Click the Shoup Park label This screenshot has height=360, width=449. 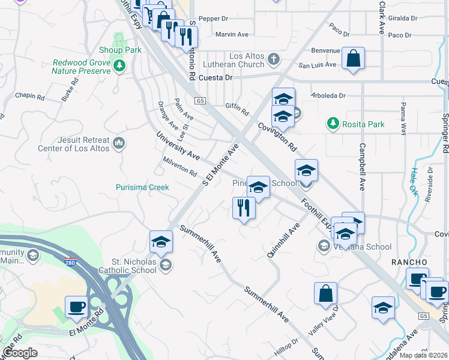(120, 50)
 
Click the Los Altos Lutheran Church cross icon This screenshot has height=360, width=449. (274, 59)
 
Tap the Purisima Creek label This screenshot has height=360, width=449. (142, 187)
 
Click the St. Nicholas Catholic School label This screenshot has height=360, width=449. (134, 266)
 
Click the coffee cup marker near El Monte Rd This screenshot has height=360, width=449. (76, 306)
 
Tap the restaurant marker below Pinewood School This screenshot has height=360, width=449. (244, 208)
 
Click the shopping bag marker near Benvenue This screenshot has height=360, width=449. (354, 59)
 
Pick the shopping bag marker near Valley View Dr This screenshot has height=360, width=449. (325, 293)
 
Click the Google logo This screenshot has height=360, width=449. (20, 353)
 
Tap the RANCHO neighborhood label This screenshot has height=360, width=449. (409, 262)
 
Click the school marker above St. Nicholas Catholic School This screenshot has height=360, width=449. (161, 242)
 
